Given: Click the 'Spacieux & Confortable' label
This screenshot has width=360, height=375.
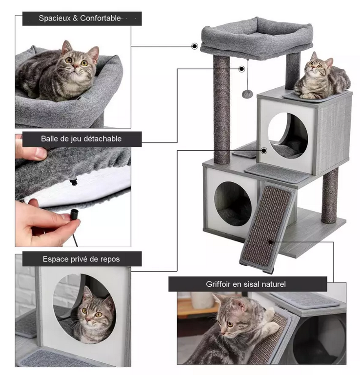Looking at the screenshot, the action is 80,18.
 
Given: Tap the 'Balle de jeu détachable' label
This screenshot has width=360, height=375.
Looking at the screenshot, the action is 81,138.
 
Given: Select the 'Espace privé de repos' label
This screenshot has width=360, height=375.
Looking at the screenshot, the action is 81,259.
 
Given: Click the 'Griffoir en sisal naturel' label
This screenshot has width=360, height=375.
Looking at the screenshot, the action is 246,284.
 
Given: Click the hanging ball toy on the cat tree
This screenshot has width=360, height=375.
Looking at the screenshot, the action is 246,94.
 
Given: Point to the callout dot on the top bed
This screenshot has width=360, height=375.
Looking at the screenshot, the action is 195,46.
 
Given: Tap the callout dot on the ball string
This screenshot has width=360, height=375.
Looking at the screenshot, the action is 242,69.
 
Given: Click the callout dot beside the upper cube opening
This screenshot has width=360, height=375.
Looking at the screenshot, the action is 264,151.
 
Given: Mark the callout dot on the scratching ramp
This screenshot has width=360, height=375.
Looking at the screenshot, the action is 271,242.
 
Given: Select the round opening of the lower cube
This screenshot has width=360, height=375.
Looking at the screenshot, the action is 233,204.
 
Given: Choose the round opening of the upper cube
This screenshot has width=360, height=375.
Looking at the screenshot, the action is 288,136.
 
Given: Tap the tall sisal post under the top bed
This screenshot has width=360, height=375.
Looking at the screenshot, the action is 221,110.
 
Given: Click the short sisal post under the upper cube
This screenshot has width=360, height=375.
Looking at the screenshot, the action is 330,196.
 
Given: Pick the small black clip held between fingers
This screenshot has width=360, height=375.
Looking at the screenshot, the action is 75,213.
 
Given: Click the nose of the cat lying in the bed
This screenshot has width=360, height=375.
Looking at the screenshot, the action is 76,66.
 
